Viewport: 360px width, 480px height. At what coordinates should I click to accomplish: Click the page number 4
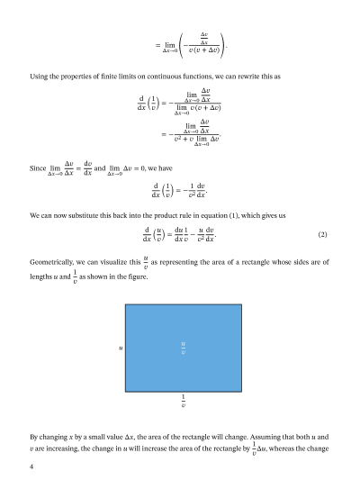[32, 466]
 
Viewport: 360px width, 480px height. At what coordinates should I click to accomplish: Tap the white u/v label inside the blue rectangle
[184, 346]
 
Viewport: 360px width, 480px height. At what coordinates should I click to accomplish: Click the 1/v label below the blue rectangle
[184, 402]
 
